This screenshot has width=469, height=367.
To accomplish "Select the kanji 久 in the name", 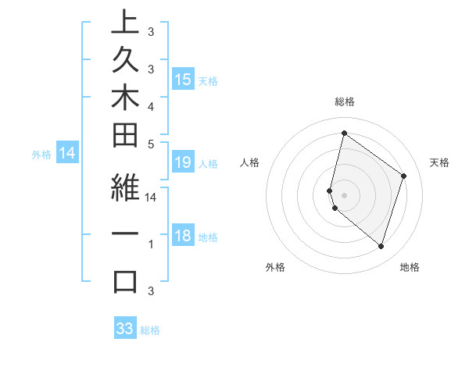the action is coord(124,66).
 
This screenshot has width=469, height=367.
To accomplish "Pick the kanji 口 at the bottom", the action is coord(124,281).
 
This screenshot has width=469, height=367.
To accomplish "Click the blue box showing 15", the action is coord(183,80).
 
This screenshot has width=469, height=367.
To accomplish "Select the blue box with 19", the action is coord(183,162).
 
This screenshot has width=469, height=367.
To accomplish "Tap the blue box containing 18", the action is coord(183,237).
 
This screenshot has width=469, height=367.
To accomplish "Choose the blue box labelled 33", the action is coord(125,329).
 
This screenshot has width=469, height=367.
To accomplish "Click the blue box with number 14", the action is coord(67,154).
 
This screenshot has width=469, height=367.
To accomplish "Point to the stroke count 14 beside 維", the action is coord(152,198).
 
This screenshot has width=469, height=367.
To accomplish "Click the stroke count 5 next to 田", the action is coord(151,143).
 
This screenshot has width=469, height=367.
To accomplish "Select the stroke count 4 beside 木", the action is coord(151,105).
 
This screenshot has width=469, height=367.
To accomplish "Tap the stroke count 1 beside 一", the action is coord(151,244).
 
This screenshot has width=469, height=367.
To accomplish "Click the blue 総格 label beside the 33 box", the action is coord(150,330).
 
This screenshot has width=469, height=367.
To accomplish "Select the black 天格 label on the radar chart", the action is coord(439,162).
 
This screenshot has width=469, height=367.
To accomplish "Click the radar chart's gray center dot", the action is coord(344,194).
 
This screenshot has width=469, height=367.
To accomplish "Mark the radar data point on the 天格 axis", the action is coord(404,176).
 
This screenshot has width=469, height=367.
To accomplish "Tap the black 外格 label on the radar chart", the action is coord(275,268).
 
